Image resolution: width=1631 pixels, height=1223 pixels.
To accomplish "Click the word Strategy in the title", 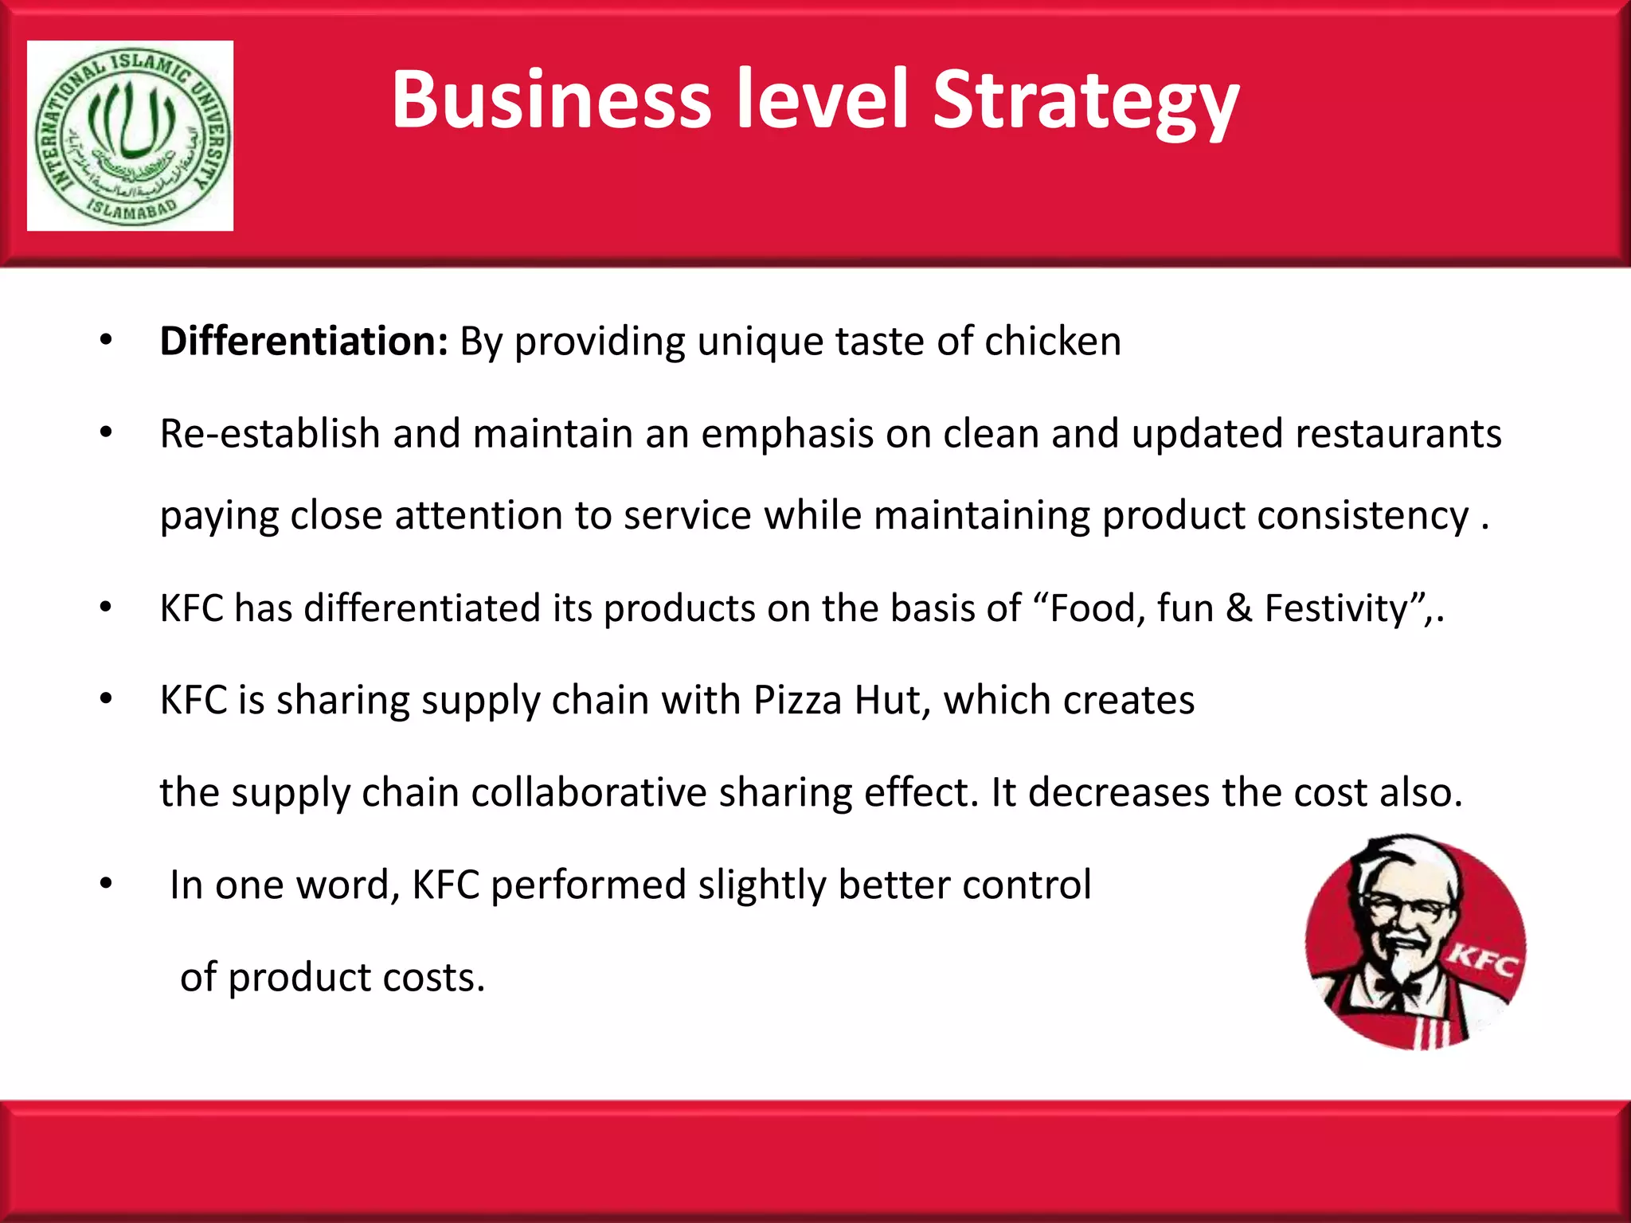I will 1085,101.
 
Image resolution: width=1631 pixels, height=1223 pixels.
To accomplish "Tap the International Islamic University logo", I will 131,136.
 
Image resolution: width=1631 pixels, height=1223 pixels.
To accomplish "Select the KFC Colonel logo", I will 1415,942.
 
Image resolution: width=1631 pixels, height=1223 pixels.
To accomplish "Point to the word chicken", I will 1052,342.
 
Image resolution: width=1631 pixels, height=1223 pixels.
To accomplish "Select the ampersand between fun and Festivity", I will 1238,608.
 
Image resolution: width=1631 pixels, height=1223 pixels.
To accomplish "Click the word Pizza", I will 797,701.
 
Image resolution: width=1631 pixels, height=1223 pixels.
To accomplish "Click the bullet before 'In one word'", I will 106,885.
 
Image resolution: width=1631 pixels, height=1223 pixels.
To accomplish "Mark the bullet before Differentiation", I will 106,342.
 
